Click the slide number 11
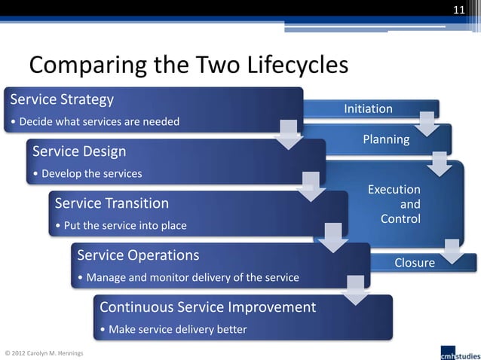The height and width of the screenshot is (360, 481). click(458, 9)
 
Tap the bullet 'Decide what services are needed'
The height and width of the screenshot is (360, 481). click(95, 122)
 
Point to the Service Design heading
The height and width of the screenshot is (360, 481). click(79, 151)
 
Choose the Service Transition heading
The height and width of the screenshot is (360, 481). click(112, 203)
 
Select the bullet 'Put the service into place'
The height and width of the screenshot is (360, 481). click(121, 226)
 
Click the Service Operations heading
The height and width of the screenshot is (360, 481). click(138, 255)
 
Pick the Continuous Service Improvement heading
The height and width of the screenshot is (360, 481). click(207, 307)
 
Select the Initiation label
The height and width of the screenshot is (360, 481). click(368, 109)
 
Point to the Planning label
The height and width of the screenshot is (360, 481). click(386, 139)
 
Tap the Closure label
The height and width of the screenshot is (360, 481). click(415, 263)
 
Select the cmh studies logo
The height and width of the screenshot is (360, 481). click(458, 350)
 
